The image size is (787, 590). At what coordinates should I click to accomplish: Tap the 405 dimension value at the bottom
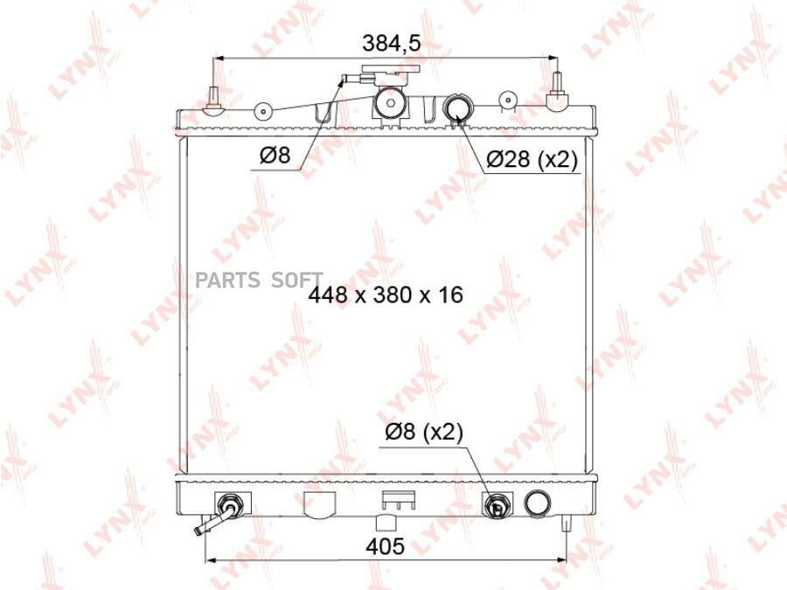coord(385,546)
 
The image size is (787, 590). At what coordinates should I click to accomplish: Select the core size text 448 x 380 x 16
coord(386,295)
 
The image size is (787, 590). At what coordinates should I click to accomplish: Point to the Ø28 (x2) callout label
coord(533,160)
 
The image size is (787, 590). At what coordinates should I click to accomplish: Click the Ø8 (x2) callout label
coord(424,432)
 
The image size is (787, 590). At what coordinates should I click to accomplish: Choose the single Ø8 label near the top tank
coord(275,156)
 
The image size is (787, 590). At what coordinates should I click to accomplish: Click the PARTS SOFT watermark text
coord(259,280)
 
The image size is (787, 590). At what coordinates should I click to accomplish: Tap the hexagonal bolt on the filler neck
coord(391,103)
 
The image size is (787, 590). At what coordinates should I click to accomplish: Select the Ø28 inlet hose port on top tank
coord(456,108)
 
